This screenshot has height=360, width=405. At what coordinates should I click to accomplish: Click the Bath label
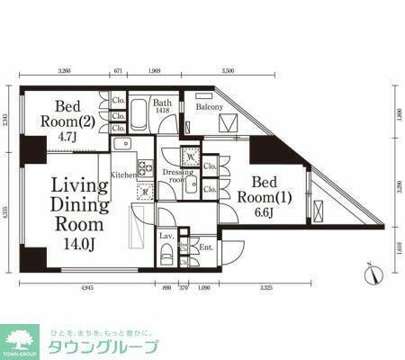pos(161,103)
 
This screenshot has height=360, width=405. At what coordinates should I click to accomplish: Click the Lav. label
pos(166,236)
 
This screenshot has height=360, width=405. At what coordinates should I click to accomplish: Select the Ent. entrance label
pos(205,246)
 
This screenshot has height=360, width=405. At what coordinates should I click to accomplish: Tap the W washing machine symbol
pos(189,154)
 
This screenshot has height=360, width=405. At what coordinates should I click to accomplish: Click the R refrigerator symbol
pos(143,190)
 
